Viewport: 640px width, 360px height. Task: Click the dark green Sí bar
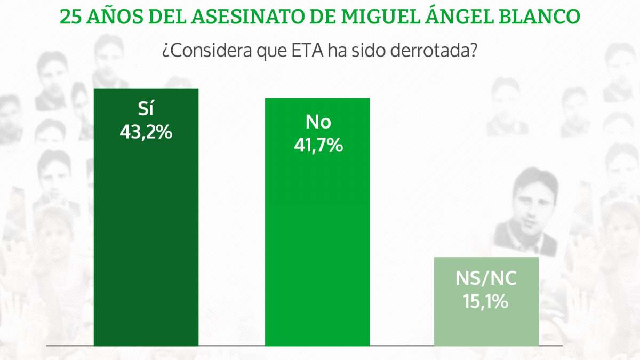click(x=146, y=240)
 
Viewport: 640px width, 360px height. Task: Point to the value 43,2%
click(x=146, y=132)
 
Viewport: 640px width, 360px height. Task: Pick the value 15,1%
click(x=486, y=302)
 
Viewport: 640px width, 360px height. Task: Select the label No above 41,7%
click(x=318, y=122)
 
